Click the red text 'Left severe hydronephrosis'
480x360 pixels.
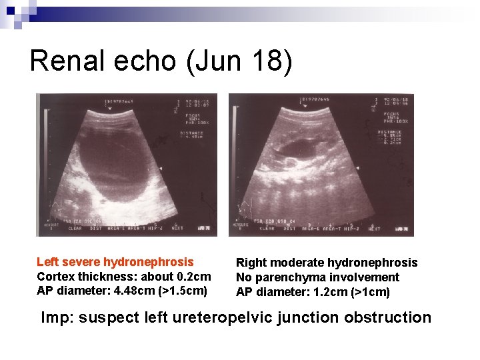click(115, 262)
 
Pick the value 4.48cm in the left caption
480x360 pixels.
click(138, 291)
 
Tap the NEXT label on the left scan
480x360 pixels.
click(177, 229)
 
